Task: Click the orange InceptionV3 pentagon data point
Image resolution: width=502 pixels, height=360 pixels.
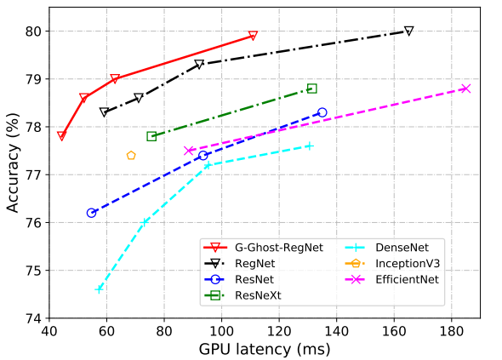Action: pos(131,156)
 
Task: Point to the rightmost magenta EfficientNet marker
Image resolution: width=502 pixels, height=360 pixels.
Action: pos(465,89)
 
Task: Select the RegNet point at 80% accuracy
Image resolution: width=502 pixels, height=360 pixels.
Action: pos(408,31)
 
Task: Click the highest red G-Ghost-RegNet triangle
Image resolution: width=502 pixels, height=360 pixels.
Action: pos(253,36)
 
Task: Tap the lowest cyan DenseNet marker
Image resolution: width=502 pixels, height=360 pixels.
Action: pos(99,289)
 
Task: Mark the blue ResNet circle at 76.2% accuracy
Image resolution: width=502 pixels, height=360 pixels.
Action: pos(91,213)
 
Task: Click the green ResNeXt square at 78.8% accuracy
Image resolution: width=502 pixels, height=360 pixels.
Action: pos(311,89)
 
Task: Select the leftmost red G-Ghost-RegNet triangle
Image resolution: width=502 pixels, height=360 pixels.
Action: pos(61,136)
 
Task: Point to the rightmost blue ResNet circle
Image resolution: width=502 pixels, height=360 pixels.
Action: pos(322,112)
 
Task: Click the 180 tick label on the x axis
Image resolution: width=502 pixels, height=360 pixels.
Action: pos(451,330)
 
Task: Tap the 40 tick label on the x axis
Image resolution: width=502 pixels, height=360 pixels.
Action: pos(49,330)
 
